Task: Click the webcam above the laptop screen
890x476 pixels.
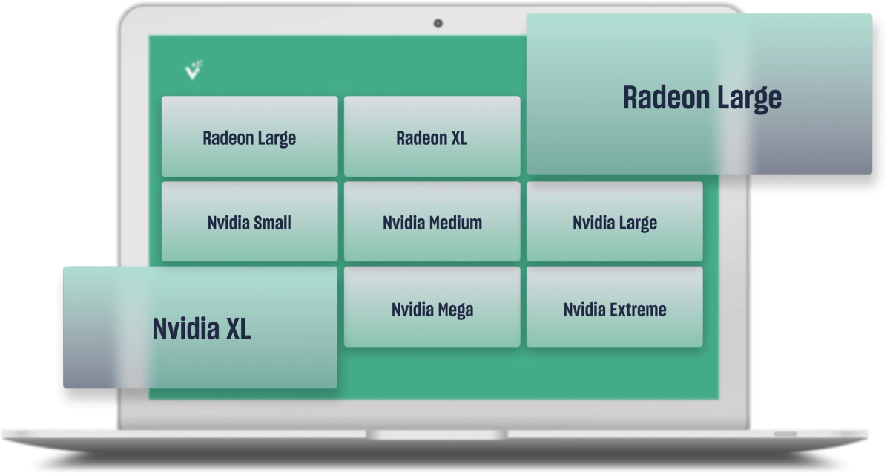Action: (x=438, y=24)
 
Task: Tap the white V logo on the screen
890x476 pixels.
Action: (x=194, y=70)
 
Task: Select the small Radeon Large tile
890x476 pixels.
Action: (x=249, y=137)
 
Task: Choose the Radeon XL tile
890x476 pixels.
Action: (x=432, y=137)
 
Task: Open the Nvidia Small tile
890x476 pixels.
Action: (x=249, y=222)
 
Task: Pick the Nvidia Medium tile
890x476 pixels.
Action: (x=432, y=222)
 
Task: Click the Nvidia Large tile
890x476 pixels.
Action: (x=614, y=222)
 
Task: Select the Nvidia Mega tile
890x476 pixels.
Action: (x=432, y=308)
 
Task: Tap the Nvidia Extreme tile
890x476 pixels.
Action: (x=614, y=308)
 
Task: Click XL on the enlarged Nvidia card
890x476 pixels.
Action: (x=236, y=328)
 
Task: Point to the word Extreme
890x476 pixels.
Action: (x=637, y=309)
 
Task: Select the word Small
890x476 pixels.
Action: (x=271, y=222)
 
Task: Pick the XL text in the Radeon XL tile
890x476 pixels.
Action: (x=458, y=137)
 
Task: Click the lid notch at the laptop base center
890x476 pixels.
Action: (x=437, y=433)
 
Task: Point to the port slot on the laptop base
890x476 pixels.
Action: (x=785, y=434)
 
